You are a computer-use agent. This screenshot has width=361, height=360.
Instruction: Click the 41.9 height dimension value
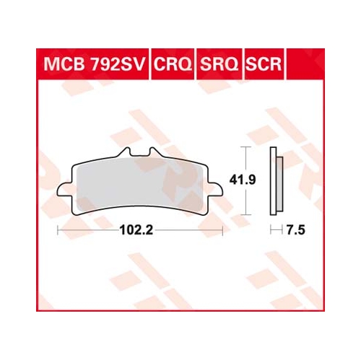[x=259, y=182]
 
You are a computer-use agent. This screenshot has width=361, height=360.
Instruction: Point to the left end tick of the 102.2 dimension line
[x=58, y=232]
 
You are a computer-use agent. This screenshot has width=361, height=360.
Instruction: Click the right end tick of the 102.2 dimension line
[x=222, y=232]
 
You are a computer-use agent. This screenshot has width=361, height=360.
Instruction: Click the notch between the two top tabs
[x=140, y=157]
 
